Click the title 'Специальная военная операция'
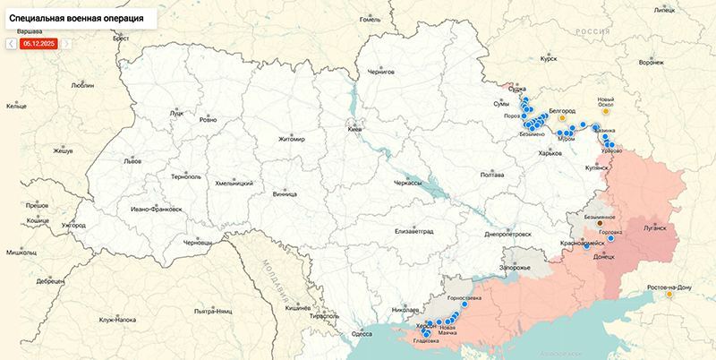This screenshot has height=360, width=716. (x=76, y=17)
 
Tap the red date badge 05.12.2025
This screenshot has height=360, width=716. (x=40, y=42)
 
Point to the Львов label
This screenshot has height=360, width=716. (x=132, y=162)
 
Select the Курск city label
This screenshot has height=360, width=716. (x=549, y=59)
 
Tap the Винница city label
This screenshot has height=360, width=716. (x=285, y=193)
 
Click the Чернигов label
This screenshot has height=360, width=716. (x=382, y=70)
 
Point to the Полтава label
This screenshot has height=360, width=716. (x=492, y=175)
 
